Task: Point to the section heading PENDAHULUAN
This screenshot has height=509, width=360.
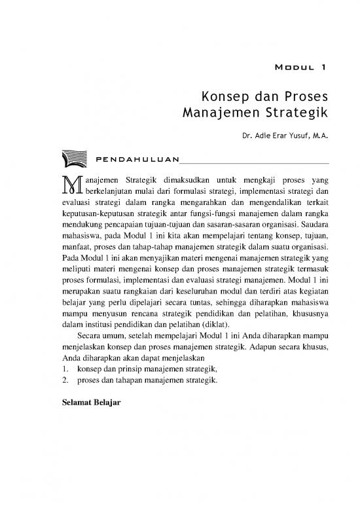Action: (137, 159)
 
